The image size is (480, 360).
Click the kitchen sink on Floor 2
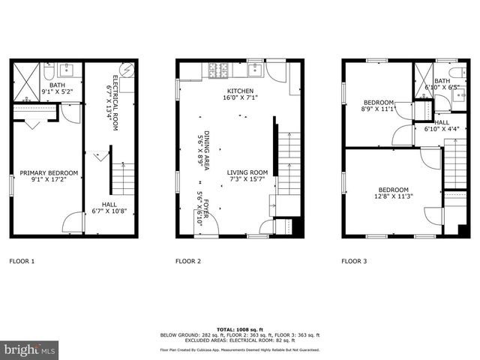(x=253, y=70)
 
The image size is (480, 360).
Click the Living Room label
(x=247, y=177)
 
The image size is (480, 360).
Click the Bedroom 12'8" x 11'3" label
(x=393, y=193)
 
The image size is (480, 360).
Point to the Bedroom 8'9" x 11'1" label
(x=378, y=106)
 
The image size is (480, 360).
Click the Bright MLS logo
(x=30, y=349)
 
